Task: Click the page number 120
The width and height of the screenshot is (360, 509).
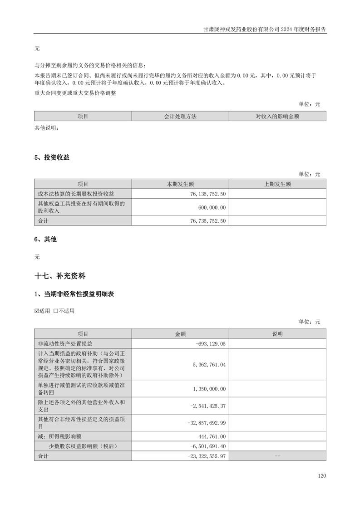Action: point(322,476)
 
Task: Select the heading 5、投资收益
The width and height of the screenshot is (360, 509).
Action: point(52,157)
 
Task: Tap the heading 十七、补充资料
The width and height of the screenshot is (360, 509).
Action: point(60,275)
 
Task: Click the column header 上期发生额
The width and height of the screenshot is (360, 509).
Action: point(277,184)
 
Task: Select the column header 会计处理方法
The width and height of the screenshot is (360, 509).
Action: point(180,117)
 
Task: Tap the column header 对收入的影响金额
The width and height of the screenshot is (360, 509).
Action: point(277,117)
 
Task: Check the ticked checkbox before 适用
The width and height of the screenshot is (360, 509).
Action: point(37,311)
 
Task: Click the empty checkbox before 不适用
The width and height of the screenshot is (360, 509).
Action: point(55,311)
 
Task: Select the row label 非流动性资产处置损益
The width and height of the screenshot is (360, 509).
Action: point(65,344)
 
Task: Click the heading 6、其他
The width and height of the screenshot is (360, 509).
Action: point(45,239)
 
